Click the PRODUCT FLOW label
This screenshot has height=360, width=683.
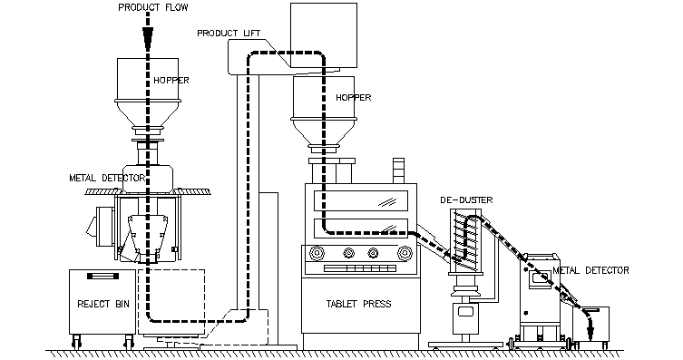click(x=153, y=7)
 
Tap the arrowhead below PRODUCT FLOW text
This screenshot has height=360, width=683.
click(x=148, y=37)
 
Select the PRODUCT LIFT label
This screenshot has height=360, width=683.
click(x=229, y=33)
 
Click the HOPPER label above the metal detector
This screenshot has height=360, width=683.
click(x=171, y=81)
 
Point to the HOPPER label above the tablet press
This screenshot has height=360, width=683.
click(x=353, y=98)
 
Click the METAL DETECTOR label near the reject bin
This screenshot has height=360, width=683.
click(x=107, y=178)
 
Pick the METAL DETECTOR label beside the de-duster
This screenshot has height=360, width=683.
click(x=590, y=270)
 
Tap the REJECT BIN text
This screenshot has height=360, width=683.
click(x=103, y=304)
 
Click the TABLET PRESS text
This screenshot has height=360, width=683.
click(x=358, y=304)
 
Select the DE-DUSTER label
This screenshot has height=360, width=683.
click(x=466, y=200)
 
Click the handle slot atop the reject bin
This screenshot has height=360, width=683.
click(x=102, y=276)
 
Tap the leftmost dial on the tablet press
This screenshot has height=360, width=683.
click(x=317, y=253)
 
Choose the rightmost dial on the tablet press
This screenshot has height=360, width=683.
click(x=405, y=253)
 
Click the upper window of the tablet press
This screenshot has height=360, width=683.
click(x=361, y=200)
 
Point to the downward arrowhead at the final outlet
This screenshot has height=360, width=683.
click(x=591, y=334)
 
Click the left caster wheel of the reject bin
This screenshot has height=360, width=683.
click(x=77, y=342)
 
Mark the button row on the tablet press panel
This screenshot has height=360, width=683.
click(x=359, y=268)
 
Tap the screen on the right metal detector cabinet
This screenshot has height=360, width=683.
click(x=539, y=278)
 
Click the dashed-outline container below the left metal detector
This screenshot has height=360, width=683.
click(x=171, y=302)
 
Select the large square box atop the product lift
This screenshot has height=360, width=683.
click(x=324, y=35)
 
